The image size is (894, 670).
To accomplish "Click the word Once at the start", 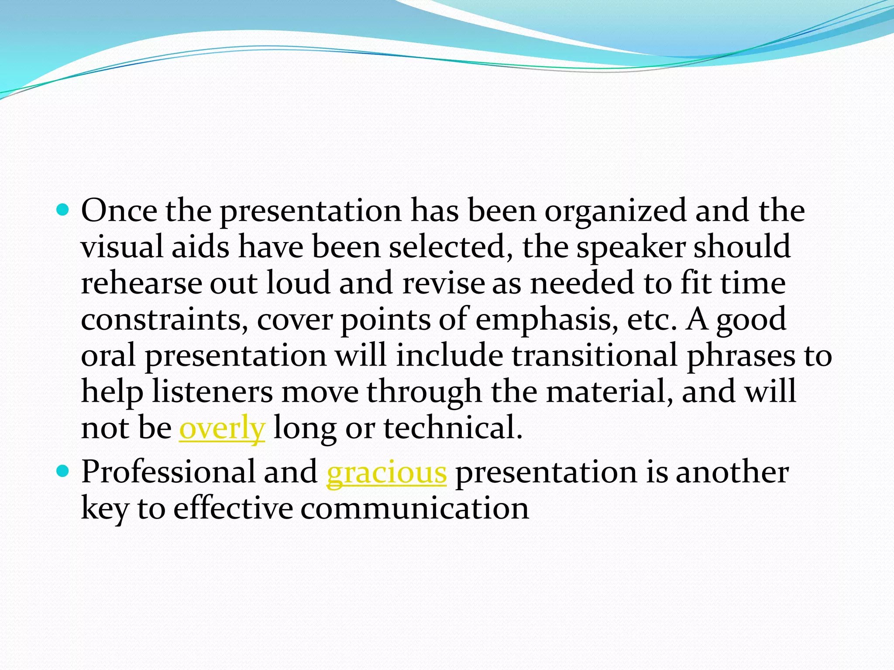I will click(119, 211).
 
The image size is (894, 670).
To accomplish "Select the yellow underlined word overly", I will click(222, 428).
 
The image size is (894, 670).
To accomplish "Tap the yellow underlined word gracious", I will click(386, 473).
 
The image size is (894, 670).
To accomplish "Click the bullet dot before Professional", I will click(63, 472).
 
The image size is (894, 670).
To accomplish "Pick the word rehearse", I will click(141, 283).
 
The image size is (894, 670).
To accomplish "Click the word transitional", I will click(595, 355).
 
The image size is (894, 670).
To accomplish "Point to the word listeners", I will click(212, 392).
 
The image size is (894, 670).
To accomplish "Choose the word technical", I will click(453, 428).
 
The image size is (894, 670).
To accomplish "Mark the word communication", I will click(415, 508).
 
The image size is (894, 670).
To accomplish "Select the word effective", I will click(233, 508).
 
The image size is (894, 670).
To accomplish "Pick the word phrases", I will click(741, 356).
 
